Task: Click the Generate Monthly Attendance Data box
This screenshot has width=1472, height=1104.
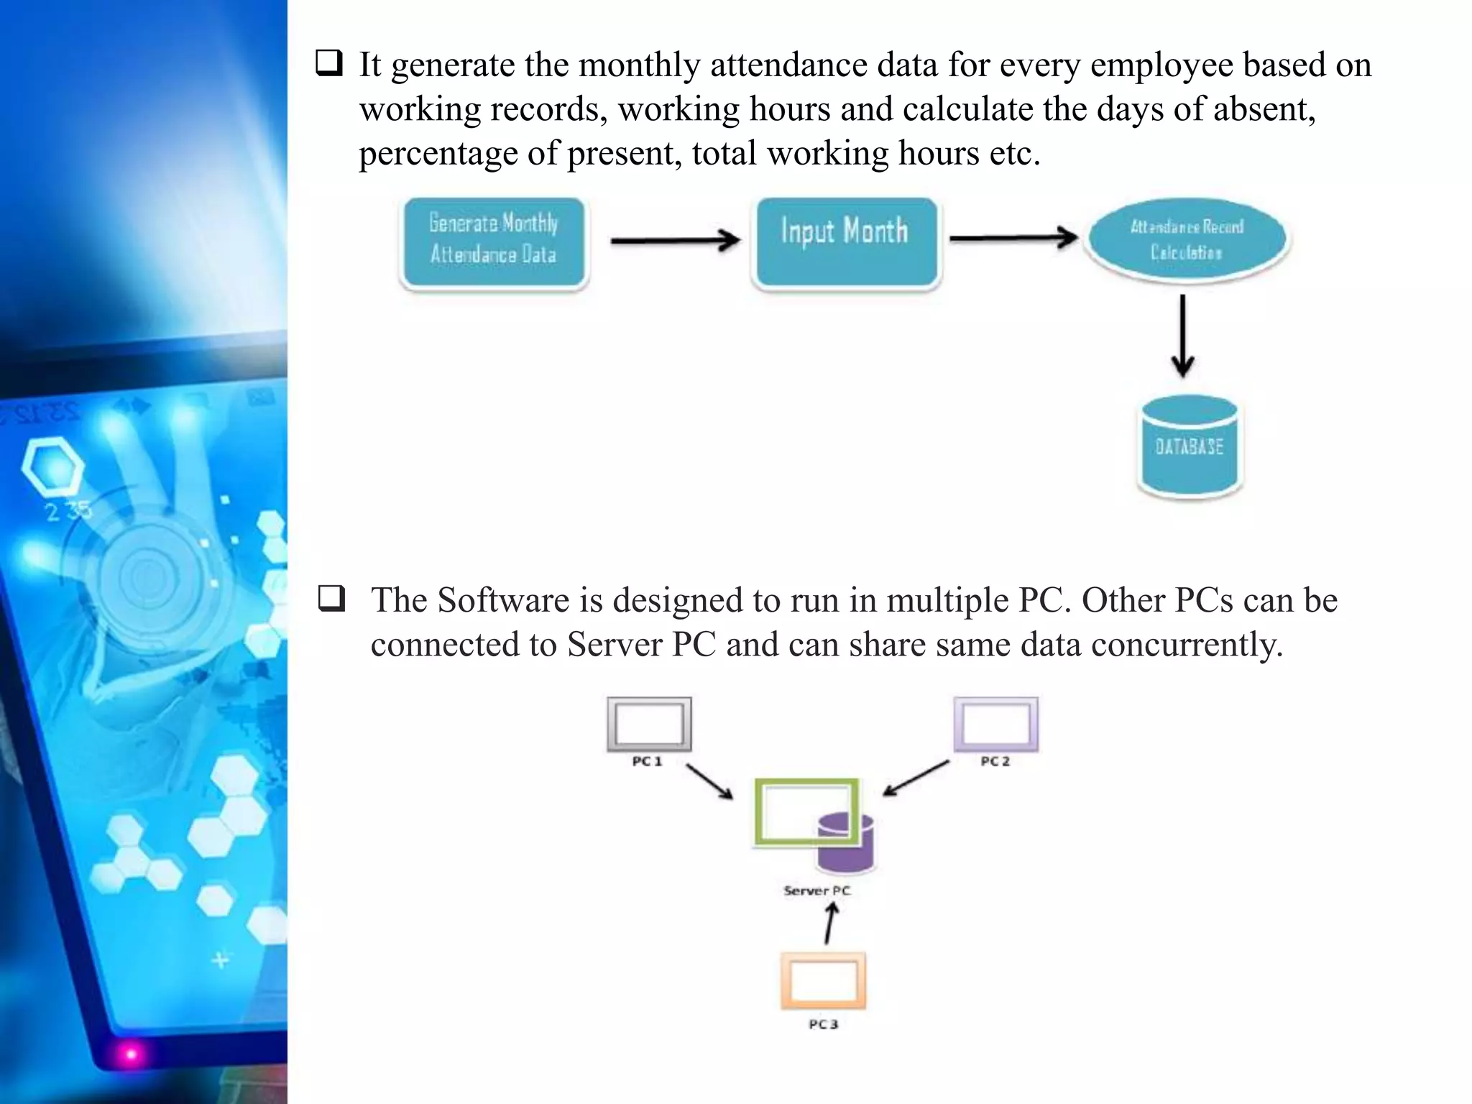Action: [494, 242]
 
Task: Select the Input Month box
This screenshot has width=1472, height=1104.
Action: [846, 242]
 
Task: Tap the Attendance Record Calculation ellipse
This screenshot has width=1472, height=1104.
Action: [1187, 239]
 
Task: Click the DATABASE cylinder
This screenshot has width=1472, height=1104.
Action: [1190, 446]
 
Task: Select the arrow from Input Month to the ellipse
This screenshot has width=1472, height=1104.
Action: [1013, 237]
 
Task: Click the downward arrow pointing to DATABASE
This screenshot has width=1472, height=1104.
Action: [1182, 336]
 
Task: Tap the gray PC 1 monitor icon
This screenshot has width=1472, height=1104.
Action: [649, 724]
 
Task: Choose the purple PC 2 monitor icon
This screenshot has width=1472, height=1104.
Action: [995, 724]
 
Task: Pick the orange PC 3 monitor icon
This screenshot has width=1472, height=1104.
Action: [823, 981]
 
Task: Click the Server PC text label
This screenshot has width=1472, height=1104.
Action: [816, 891]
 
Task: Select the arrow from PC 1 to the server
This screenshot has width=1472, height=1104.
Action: [709, 781]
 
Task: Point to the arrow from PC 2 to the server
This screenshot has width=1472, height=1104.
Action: [916, 778]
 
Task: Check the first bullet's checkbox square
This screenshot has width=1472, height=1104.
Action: [328, 64]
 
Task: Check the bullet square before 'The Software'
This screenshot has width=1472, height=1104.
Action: [331, 599]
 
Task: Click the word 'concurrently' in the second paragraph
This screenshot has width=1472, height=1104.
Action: [1186, 645]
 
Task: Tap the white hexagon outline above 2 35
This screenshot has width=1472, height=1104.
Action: [53, 466]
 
